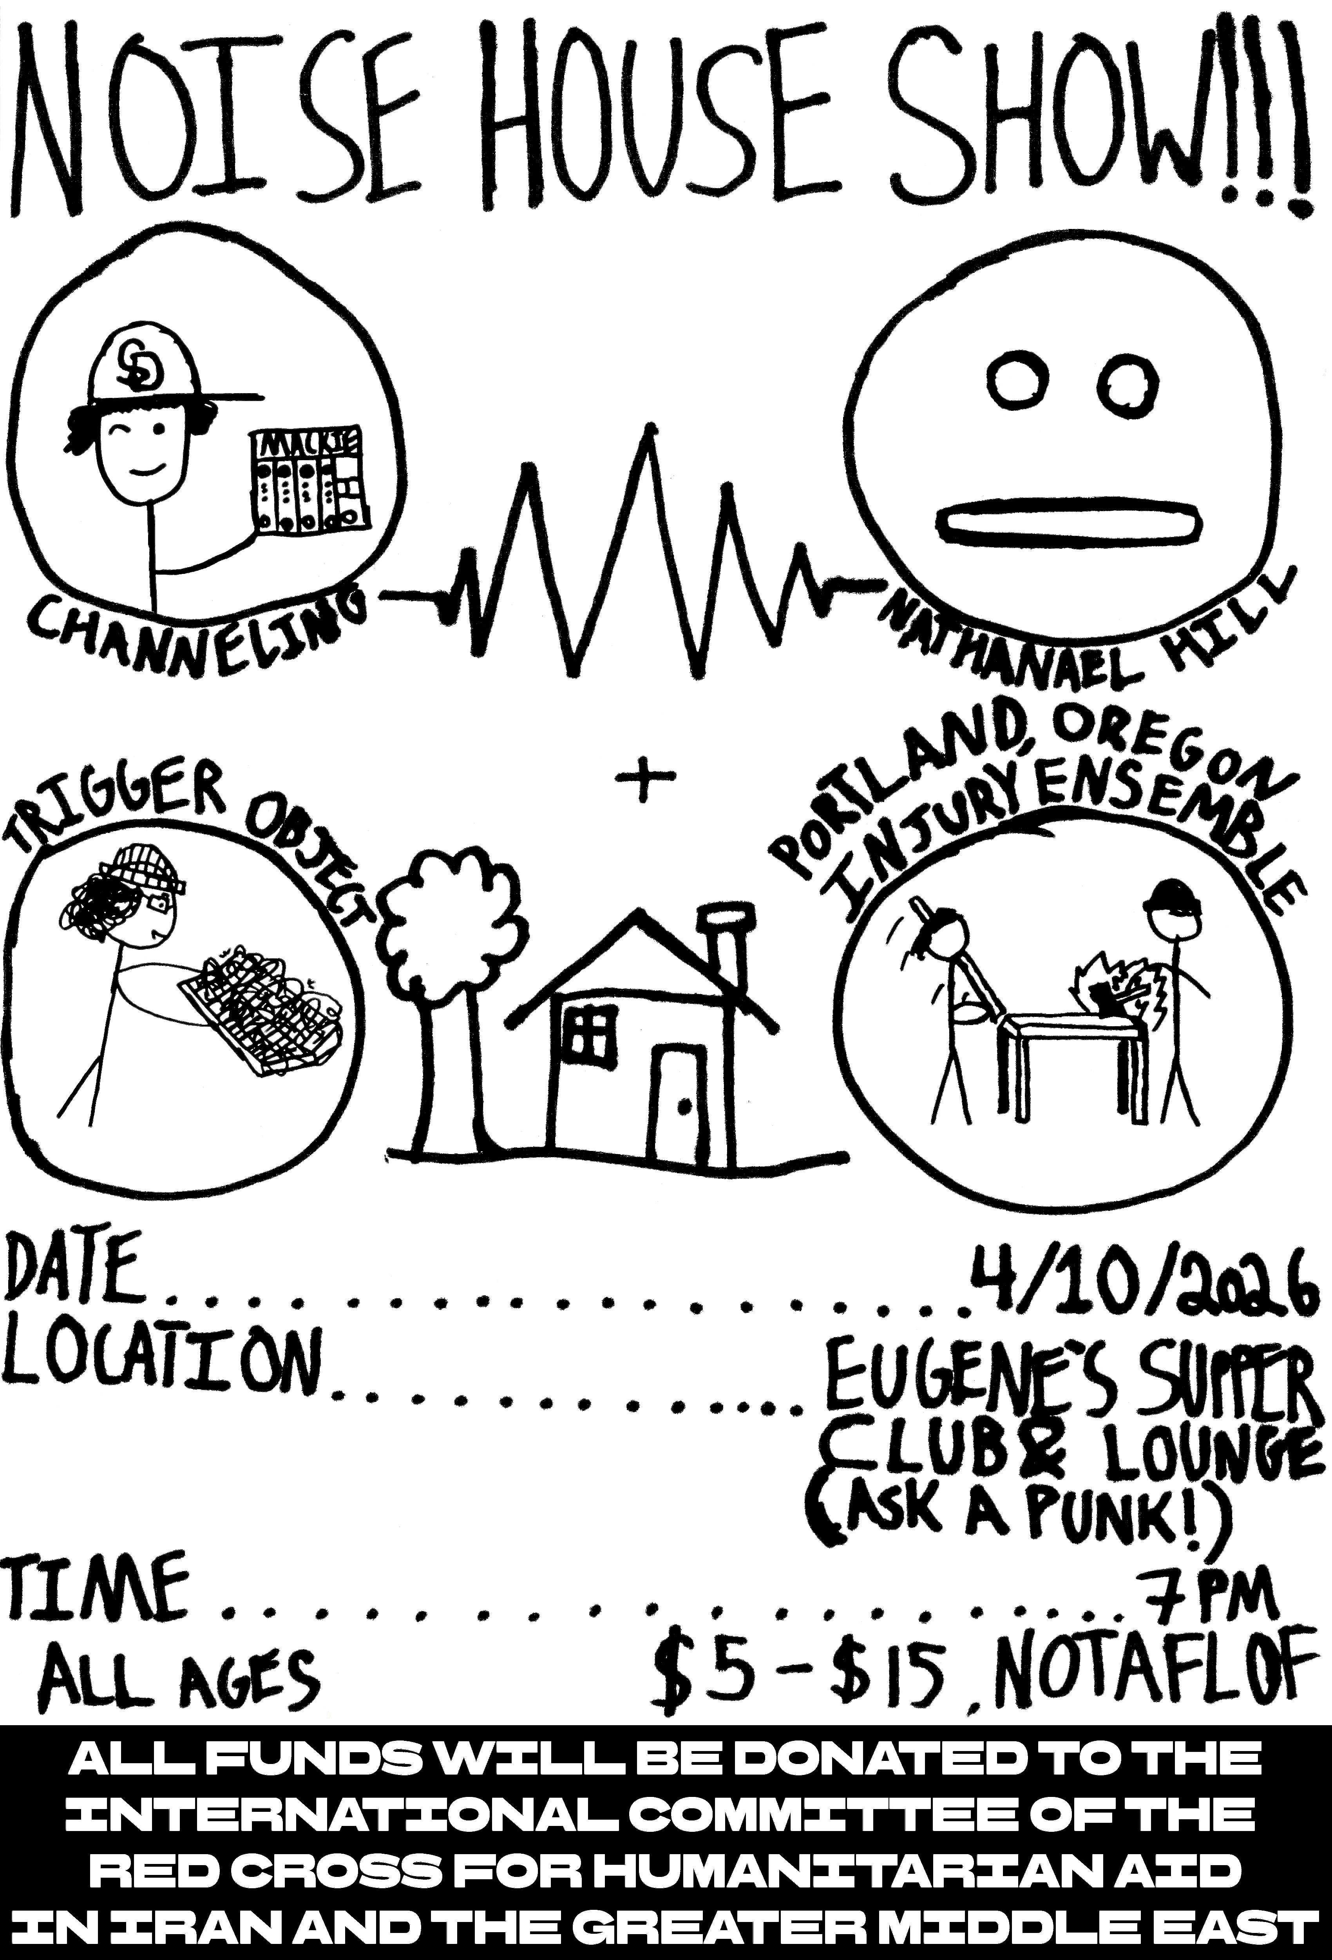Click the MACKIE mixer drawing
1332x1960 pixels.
[x=308, y=481]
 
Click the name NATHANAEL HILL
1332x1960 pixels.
[x=1088, y=620]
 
